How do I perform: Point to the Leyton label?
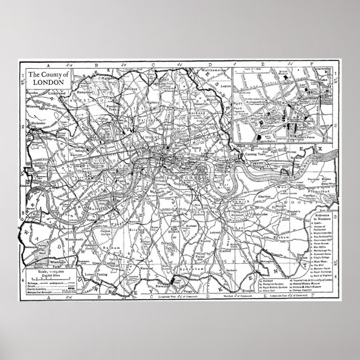click(226, 87)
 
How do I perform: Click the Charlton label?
click(265, 196)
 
